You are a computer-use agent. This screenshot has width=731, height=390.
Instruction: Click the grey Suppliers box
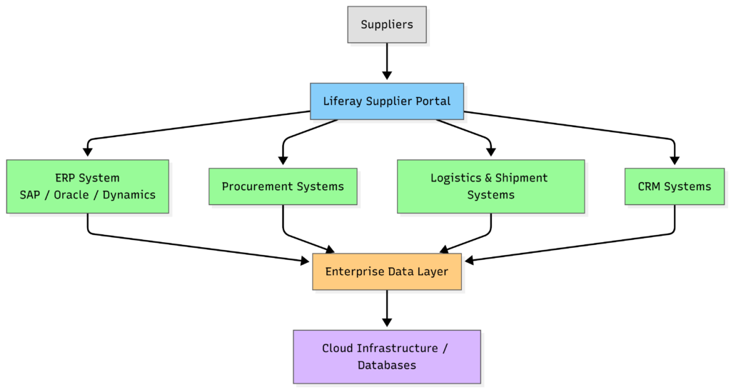pyautogui.click(x=386, y=24)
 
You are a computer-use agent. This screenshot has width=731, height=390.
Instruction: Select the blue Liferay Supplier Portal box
pyautogui.click(x=386, y=101)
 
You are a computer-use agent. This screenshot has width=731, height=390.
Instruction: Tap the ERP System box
pyautogui.click(x=87, y=186)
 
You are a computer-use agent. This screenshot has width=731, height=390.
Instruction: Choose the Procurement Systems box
pyautogui.click(x=283, y=186)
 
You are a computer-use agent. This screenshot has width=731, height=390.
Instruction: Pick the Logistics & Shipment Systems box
pyautogui.click(x=490, y=186)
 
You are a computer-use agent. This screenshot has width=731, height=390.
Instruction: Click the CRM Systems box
pyautogui.click(x=674, y=186)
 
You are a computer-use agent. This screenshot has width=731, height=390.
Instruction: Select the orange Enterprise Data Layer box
pyautogui.click(x=386, y=271)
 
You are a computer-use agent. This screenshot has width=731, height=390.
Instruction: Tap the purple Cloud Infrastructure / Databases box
pyautogui.click(x=386, y=356)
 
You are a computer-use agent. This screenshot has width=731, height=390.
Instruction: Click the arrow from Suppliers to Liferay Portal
pyautogui.click(x=386, y=61)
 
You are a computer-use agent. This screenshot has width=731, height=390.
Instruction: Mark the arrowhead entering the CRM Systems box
pyautogui.click(x=674, y=160)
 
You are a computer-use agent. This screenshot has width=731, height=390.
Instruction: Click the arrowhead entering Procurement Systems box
pyautogui.click(x=283, y=160)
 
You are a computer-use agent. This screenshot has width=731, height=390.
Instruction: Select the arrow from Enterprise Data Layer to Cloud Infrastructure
pyautogui.click(x=386, y=309)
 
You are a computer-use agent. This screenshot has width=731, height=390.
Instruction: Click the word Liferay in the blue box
pyautogui.click(x=342, y=101)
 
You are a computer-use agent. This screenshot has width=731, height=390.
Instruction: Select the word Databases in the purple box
pyautogui.click(x=386, y=365)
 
